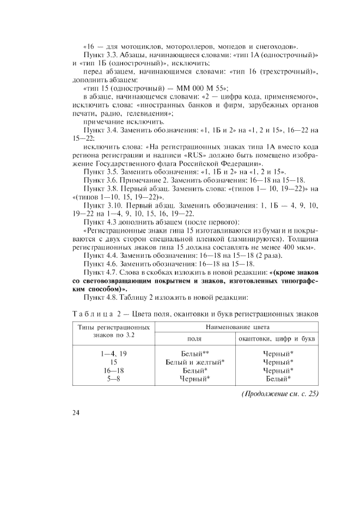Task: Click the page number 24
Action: point(76,412)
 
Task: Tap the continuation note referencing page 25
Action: point(280,393)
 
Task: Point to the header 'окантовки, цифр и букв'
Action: point(278,338)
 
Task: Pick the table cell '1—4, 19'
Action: point(113,354)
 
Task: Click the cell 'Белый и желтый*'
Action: point(194,362)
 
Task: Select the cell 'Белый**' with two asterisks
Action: point(194,354)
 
